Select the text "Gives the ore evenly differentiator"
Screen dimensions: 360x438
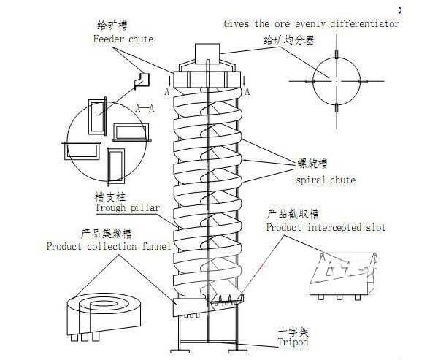[x=312, y=23]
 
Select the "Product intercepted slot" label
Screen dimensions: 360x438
[x=326, y=228]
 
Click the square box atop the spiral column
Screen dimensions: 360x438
[x=207, y=55]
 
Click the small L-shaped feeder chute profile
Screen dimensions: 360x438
[x=141, y=78]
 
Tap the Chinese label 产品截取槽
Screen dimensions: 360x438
[x=293, y=215]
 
